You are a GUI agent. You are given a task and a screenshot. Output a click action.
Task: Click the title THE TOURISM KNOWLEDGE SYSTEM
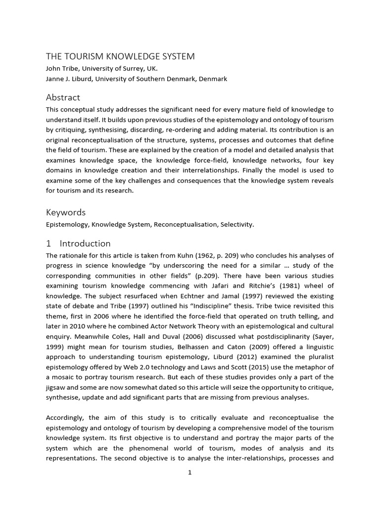(120, 56)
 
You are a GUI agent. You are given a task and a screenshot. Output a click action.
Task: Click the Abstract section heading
(63, 97)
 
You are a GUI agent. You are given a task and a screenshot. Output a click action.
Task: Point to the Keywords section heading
(66, 212)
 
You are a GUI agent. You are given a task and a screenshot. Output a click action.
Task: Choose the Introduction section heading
(85, 243)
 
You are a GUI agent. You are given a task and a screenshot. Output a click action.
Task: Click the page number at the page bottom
(190, 472)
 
